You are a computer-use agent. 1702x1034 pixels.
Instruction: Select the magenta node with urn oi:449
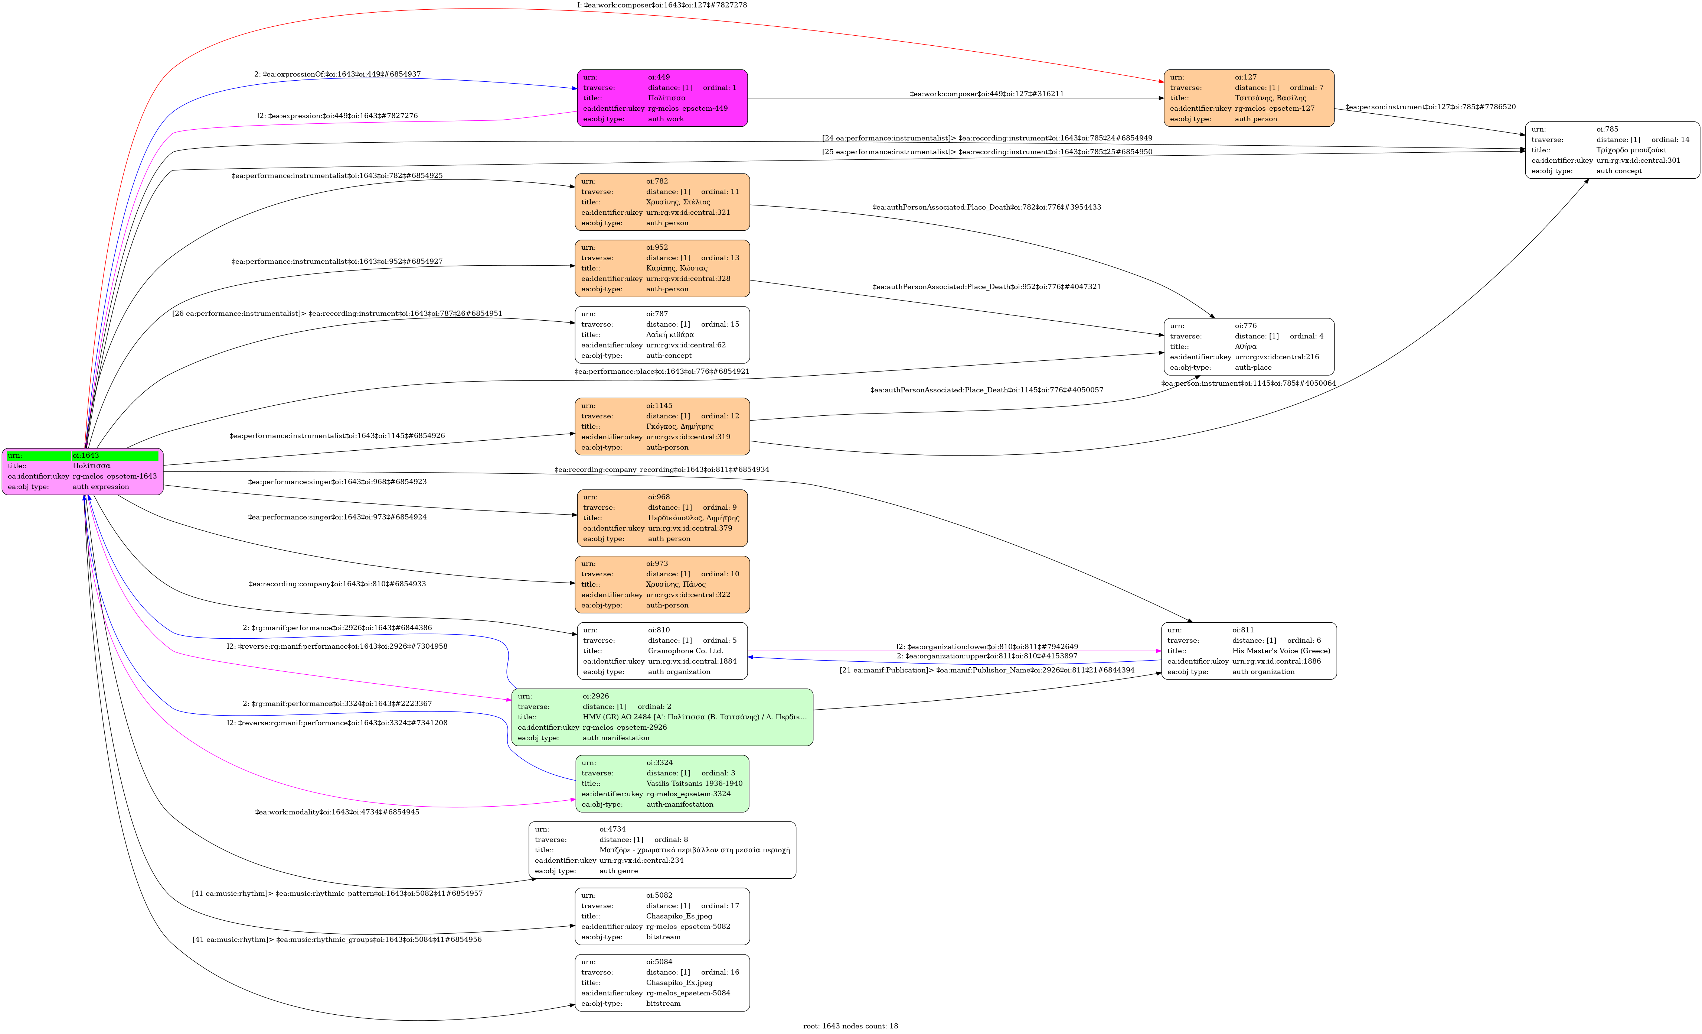click(662, 98)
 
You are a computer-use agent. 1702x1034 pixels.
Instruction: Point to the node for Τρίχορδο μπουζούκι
click(1612, 150)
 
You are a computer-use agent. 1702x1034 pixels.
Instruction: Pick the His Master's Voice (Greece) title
click(1281, 651)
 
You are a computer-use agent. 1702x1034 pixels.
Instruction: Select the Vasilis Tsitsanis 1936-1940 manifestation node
click(662, 783)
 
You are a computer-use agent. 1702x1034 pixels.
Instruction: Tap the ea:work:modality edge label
click(337, 812)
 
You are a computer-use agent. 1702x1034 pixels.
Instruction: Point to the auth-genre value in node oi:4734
click(618, 871)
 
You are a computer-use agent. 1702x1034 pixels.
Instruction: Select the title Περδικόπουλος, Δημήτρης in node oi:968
click(693, 518)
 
